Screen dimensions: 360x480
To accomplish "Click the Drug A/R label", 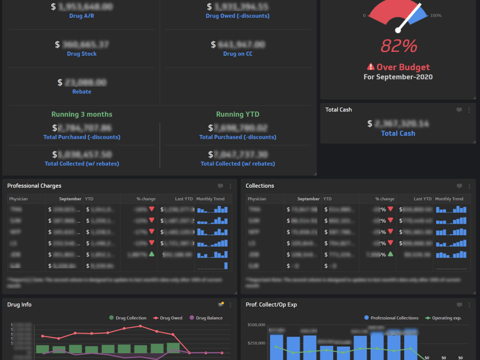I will pos(82,16).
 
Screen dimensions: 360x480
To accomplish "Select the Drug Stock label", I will pos(82,54).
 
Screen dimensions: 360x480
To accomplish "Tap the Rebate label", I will pos(82,92).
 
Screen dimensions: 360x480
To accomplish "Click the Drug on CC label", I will pos(238,54).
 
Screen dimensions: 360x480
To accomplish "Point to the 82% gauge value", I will pos(398,46).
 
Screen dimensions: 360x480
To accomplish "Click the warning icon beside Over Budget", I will pos(371,67).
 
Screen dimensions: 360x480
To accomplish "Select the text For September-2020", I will pos(398,77).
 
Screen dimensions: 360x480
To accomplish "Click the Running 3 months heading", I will pos(82,114).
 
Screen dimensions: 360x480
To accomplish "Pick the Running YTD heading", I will pos(238,114).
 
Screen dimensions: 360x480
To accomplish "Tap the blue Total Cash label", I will pos(398,133).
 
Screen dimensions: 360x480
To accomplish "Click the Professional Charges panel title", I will pos(34,186).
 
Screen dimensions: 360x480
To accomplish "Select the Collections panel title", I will pos(260,186).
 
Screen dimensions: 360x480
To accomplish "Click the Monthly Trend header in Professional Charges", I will pos(210,199).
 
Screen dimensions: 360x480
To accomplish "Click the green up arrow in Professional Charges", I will pos(152,254).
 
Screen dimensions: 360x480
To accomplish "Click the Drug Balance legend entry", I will pos(206,318).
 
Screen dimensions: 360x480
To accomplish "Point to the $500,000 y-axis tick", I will pos(256,325).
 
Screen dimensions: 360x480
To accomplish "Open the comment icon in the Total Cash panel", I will pos(459,110).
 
